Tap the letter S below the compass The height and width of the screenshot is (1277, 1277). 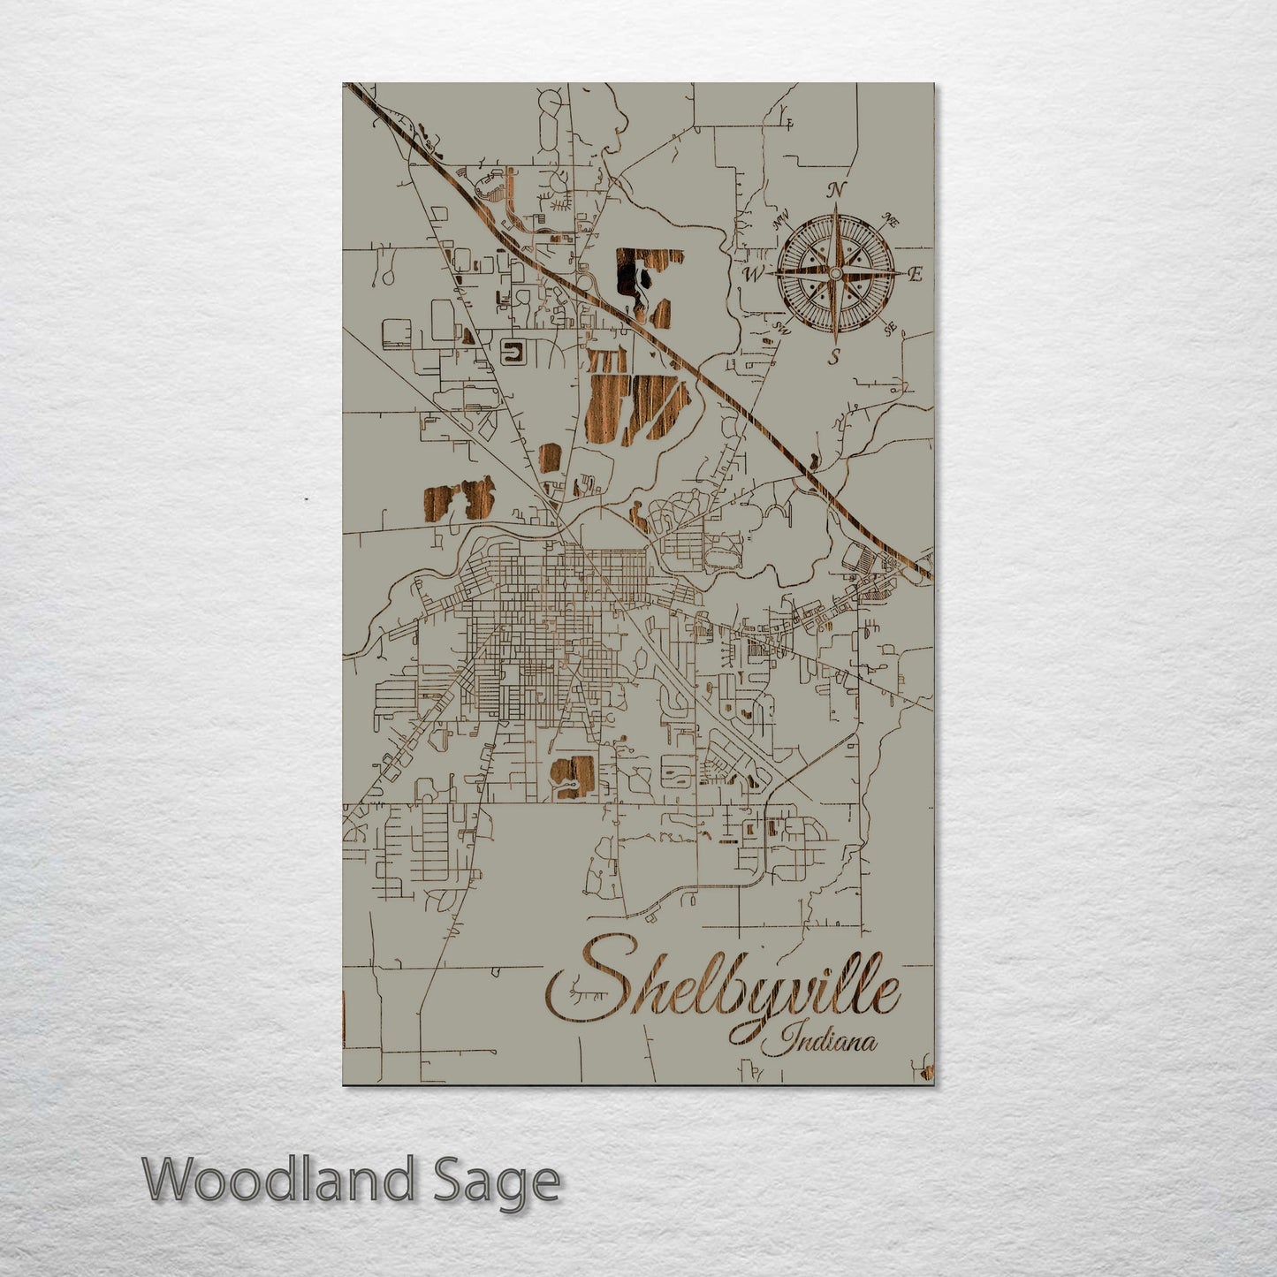[x=832, y=358]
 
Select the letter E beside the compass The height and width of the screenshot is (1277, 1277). [x=916, y=275]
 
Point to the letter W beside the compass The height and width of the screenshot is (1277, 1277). [x=753, y=274]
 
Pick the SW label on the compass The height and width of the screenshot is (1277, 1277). [x=781, y=328]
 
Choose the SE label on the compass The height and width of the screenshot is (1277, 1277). [x=890, y=328]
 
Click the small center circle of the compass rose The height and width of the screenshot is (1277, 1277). [x=835, y=275]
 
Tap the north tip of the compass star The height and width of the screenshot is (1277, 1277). [x=835, y=206]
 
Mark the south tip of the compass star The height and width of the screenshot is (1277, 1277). [x=835, y=343]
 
